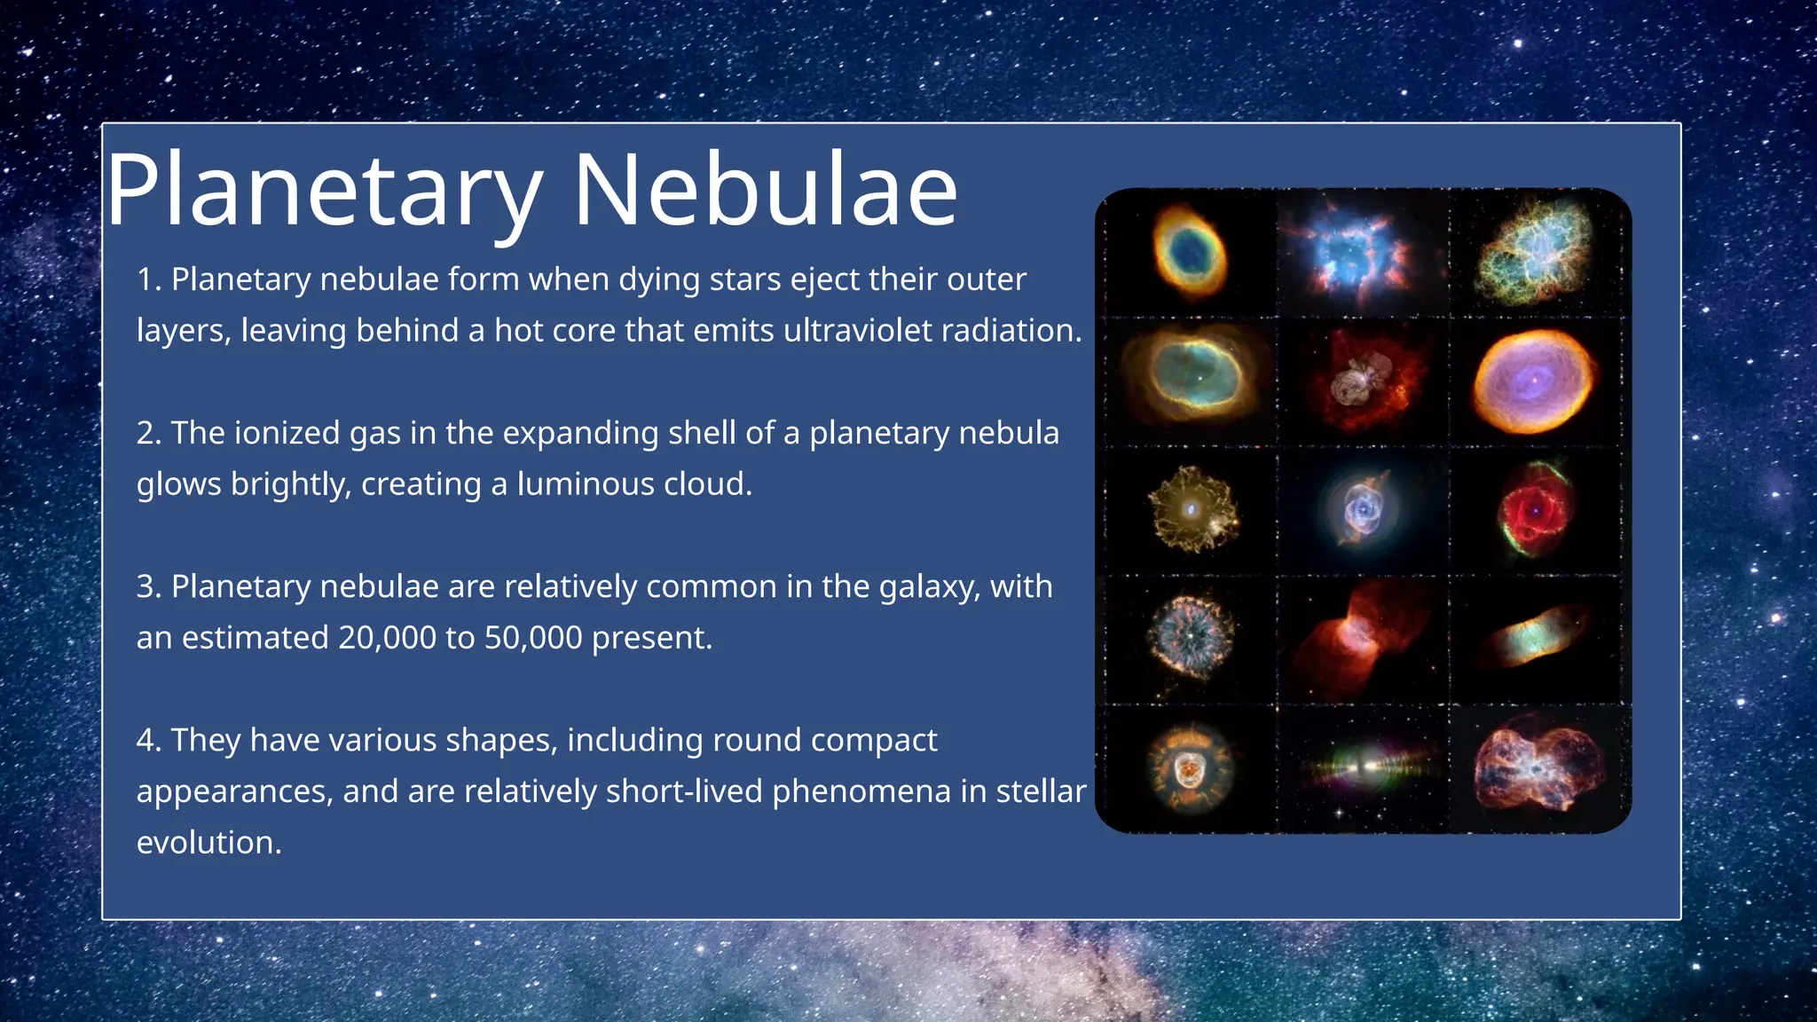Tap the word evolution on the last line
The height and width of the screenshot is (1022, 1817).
pos(208,843)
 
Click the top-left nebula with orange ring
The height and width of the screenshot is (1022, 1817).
pos(1191,252)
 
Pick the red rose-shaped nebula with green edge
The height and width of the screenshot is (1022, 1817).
pos(1533,510)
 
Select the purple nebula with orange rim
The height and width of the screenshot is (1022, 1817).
pos(1533,381)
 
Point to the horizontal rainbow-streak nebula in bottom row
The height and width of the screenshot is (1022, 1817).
pos(1365,765)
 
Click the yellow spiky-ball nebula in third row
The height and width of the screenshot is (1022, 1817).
pos(1192,509)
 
